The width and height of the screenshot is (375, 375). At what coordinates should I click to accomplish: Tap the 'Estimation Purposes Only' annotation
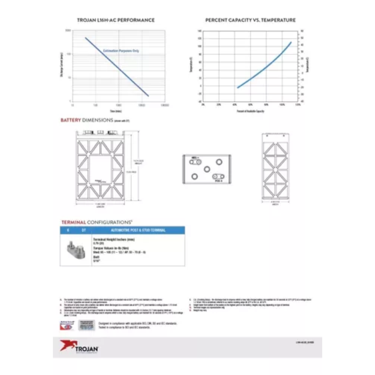tap(121, 51)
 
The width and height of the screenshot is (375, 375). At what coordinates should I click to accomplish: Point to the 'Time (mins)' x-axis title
tap(116, 111)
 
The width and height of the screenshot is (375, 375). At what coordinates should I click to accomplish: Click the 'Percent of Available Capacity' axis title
tap(250, 111)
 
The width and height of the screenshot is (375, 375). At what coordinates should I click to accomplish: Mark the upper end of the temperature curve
tap(291, 42)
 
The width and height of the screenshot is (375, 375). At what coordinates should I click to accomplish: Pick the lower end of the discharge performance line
tap(148, 96)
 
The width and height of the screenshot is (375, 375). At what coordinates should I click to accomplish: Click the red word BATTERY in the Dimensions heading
tap(71, 120)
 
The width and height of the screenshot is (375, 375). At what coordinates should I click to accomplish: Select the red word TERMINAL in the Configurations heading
tap(73, 222)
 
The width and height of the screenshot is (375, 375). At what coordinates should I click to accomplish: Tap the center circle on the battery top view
tap(207, 169)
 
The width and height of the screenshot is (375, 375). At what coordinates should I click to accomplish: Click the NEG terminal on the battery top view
tap(195, 162)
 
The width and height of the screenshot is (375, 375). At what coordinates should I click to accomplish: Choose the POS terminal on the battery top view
tap(218, 177)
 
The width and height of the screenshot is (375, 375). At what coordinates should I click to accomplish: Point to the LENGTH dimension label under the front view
tap(100, 207)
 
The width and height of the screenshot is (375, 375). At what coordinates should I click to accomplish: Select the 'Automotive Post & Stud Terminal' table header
tap(138, 230)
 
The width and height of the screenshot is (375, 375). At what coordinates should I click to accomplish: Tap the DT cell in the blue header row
tap(83, 230)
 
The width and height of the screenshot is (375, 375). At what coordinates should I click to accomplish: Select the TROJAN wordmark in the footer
tap(87, 348)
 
